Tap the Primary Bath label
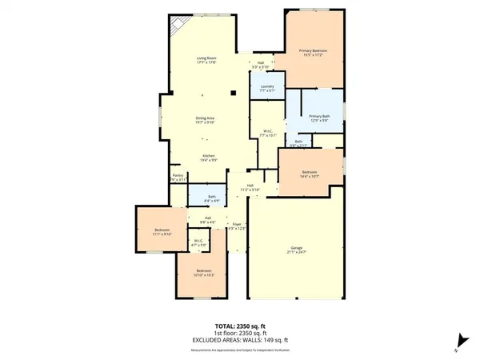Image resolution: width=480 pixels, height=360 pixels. (x=320, y=118)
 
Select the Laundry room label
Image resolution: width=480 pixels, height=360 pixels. (x=268, y=88)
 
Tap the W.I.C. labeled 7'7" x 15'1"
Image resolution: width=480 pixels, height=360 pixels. (x=270, y=134)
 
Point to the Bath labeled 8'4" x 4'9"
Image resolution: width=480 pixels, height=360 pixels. (x=212, y=199)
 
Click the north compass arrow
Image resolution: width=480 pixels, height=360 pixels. (x=458, y=338)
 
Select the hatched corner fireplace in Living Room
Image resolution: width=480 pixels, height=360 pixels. (x=175, y=26)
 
